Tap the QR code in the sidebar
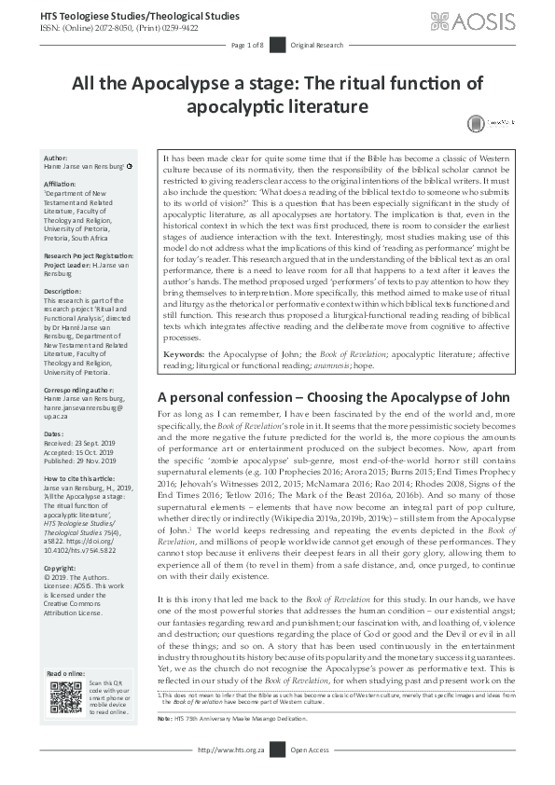(x=66, y=697)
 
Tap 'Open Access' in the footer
(x=311, y=776)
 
